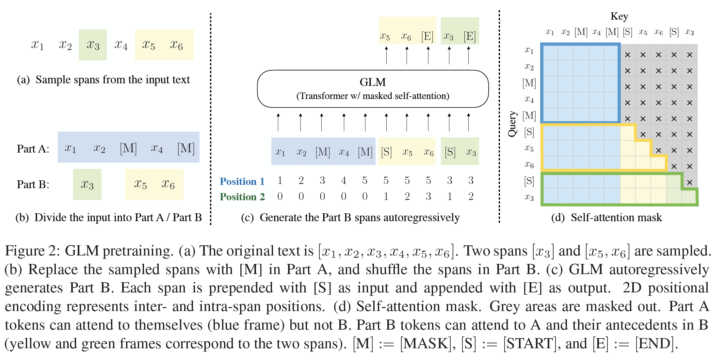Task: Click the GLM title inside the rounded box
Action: click(373, 82)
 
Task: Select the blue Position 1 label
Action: click(242, 181)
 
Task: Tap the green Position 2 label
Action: click(242, 197)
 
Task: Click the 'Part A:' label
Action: click(33, 149)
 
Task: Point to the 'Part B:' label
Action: click(33, 185)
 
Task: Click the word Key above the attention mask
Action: click(619, 16)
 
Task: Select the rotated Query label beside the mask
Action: click(512, 124)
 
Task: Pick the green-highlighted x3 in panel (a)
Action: click(93, 45)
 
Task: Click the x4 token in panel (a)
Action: click(121, 45)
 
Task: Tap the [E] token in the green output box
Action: click(469, 36)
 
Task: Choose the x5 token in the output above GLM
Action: click(385, 37)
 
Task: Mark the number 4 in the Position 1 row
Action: click(344, 180)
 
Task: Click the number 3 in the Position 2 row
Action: click(428, 196)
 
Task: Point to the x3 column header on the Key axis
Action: click(689, 32)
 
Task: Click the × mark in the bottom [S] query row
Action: click(689, 182)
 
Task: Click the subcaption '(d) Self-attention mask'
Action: click(606, 218)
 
